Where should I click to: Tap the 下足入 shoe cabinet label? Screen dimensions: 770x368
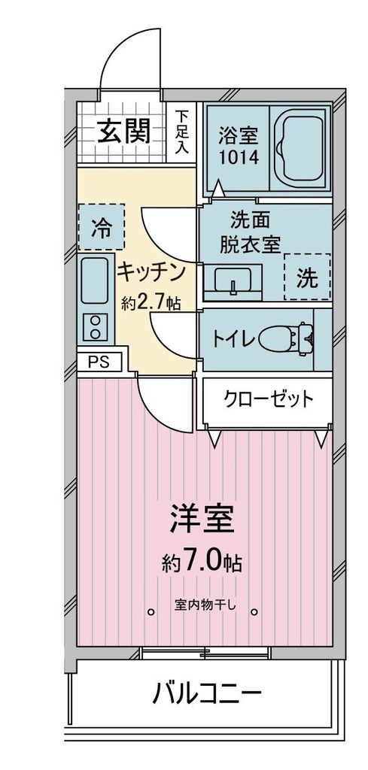click(x=182, y=133)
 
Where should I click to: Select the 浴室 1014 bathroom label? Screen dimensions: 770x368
click(x=239, y=147)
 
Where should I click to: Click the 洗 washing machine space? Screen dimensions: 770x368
click(x=306, y=277)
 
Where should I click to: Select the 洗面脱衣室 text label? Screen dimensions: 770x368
click(x=250, y=232)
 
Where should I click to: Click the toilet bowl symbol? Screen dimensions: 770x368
click(x=287, y=338)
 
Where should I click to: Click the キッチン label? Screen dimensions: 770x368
click(x=151, y=271)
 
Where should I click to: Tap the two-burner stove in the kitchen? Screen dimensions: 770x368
click(x=96, y=326)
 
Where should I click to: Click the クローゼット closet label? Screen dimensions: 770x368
click(x=267, y=399)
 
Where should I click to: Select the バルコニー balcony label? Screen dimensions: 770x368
click(x=208, y=692)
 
